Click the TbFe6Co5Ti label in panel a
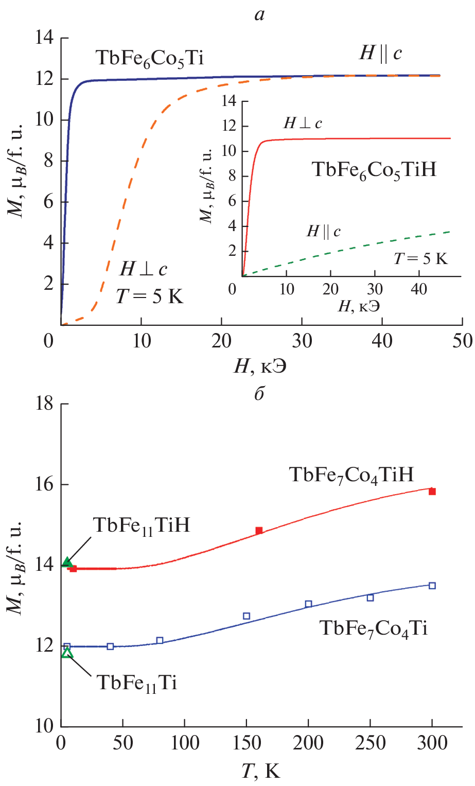coord(150,59)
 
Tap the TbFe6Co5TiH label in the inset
coord(374,169)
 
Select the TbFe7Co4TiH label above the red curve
coord(351,475)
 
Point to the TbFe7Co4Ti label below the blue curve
coord(374,628)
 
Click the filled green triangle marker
coord(67,562)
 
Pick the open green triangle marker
coord(67,653)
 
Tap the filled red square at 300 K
coord(432,492)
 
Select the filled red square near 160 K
coord(259,530)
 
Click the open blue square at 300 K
coord(432,585)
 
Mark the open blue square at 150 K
coord(247,616)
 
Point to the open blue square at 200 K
coord(308,604)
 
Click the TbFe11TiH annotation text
coord(142,526)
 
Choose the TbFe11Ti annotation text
coord(137,684)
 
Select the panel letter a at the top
coord(259,15)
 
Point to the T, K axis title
coord(261,771)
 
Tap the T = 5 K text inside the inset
coord(421,258)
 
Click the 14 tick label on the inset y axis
coord(227,101)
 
